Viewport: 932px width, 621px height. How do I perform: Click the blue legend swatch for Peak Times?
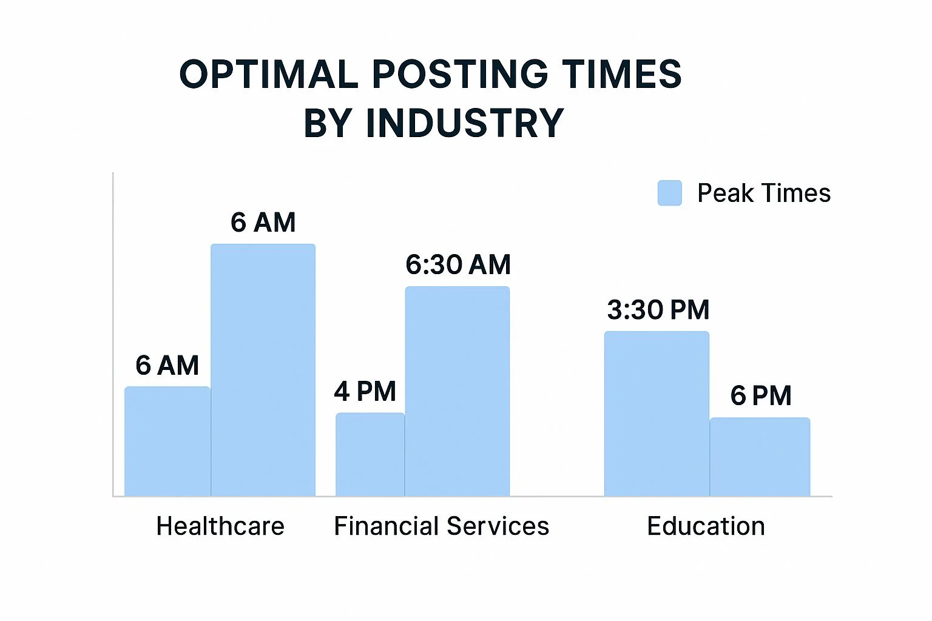(x=669, y=193)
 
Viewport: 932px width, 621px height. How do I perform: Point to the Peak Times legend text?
(x=763, y=193)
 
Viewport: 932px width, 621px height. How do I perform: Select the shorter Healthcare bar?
(x=167, y=441)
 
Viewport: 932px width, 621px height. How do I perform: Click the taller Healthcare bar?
(x=263, y=370)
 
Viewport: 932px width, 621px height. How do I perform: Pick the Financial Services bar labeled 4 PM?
(x=370, y=455)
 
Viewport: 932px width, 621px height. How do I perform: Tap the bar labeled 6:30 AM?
(x=458, y=391)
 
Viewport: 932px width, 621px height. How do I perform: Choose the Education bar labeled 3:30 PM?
(x=657, y=414)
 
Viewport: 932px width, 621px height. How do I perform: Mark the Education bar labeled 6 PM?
(x=760, y=457)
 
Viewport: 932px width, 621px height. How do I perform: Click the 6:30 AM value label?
(x=458, y=265)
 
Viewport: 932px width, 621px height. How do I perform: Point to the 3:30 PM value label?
(x=658, y=310)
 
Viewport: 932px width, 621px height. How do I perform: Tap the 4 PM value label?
(x=365, y=392)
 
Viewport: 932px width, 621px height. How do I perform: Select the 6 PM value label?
(x=761, y=396)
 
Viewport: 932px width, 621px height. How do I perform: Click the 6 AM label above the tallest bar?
(x=263, y=223)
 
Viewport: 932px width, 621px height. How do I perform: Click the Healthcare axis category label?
(x=220, y=526)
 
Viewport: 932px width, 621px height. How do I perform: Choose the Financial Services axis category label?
(x=441, y=526)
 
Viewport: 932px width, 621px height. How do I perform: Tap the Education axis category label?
(x=706, y=526)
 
